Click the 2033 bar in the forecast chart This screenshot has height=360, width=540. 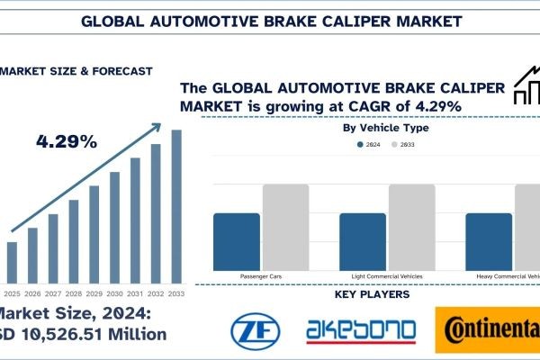click(x=176, y=207)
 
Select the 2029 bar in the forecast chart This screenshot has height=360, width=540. click(x=94, y=235)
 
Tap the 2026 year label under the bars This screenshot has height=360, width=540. click(x=32, y=293)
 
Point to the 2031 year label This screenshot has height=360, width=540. click(x=136, y=293)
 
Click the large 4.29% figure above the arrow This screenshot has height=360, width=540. click(x=66, y=142)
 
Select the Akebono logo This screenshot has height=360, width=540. click(x=360, y=328)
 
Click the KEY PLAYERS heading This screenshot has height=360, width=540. click(x=372, y=294)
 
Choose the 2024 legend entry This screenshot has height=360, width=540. click(x=369, y=143)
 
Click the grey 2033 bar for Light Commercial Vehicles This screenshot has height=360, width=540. click(x=411, y=225)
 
